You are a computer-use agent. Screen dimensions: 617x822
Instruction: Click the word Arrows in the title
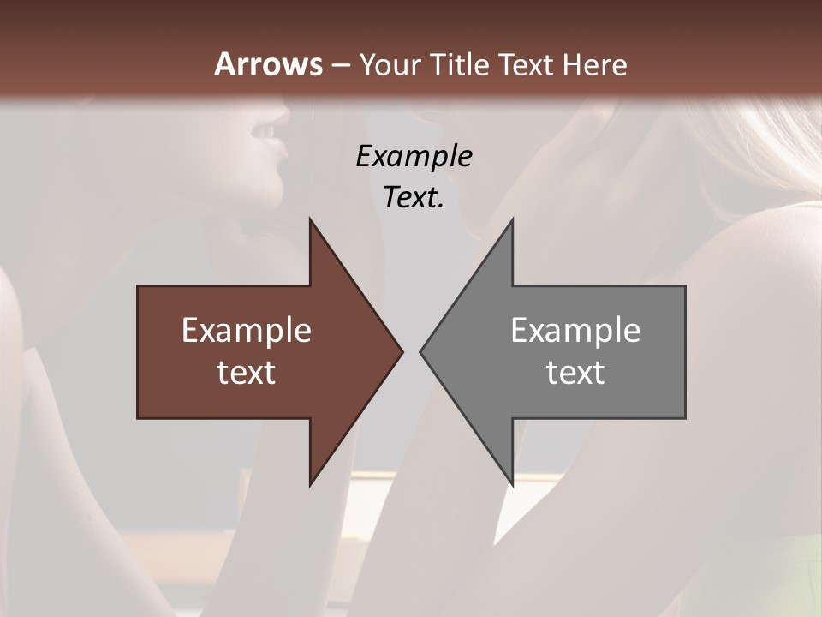coord(268,64)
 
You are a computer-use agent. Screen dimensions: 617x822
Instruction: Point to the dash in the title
coord(340,65)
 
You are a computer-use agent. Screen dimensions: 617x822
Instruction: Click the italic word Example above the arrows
coord(414,156)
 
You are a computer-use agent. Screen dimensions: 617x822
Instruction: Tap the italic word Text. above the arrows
coord(414,197)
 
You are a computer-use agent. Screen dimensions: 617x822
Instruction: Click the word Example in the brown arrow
coord(247,330)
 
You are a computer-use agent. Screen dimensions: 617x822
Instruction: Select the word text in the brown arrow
coord(247,372)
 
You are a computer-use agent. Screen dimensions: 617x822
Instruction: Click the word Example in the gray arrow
coord(575,330)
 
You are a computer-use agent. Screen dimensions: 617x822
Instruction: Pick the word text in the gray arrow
coord(575,372)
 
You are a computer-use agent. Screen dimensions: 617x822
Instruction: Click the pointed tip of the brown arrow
coord(402,351)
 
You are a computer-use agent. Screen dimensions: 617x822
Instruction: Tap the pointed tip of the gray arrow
coord(420,351)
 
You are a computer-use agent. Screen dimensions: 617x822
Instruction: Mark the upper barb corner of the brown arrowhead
coord(310,219)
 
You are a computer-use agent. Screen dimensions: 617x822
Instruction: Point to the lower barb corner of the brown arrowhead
coord(310,486)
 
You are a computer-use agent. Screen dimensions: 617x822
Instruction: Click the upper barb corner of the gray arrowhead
coord(512,219)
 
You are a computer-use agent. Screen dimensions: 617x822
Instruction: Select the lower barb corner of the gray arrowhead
coord(512,486)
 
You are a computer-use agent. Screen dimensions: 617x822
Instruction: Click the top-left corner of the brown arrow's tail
coord(138,286)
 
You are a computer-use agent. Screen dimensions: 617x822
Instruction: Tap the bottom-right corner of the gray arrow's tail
coord(685,418)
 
